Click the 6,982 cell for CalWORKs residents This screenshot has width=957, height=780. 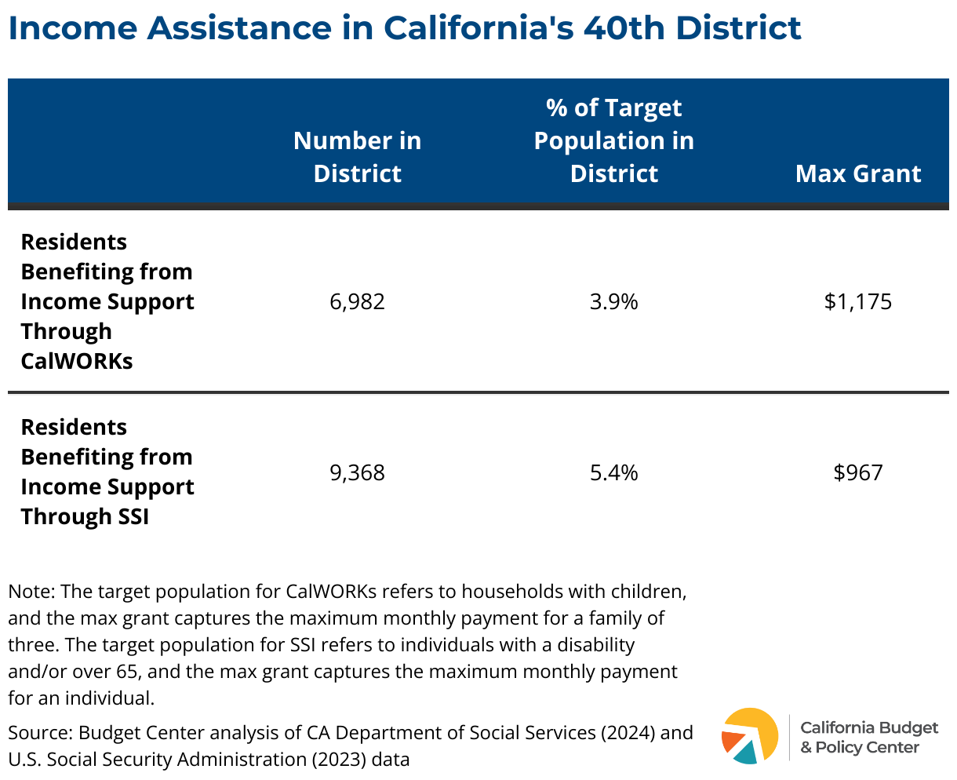(x=358, y=302)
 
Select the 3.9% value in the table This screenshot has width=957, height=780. (x=614, y=302)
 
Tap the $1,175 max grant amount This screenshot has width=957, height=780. (x=858, y=302)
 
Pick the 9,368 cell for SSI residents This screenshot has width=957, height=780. (x=358, y=473)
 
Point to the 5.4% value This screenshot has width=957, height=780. (x=614, y=473)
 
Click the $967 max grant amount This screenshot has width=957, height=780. (x=858, y=473)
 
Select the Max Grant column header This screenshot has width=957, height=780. (x=858, y=173)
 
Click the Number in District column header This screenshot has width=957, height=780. (x=358, y=157)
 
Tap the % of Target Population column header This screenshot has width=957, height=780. (x=614, y=140)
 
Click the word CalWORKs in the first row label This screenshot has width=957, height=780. (x=77, y=362)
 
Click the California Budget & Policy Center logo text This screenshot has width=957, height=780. (x=869, y=737)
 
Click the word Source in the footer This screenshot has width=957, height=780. (x=38, y=733)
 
